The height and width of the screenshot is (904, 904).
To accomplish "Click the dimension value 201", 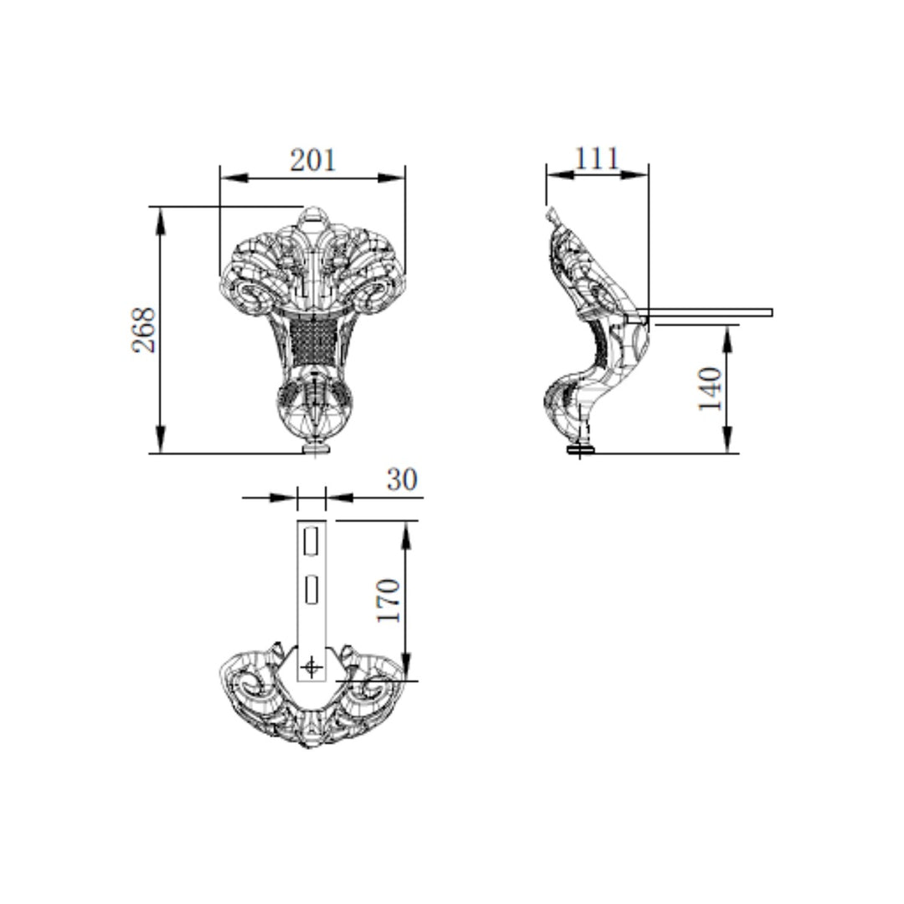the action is pyautogui.click(x=312, y=160).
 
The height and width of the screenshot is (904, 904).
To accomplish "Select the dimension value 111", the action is pyautogui.click(x=597, y=158).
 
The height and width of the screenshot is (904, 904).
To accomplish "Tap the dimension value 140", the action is pyautogui.click(x=711, y=388).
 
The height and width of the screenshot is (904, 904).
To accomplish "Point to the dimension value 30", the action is pyautogui.click(x=402, y=479).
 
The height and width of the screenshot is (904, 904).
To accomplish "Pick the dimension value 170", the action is pyautogui.click(x=388, y=600).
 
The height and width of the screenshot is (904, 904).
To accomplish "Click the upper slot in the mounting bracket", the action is pyautogui.click(x=311, y=542).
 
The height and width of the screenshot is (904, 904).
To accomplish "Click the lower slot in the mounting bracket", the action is pyautogui.click(x=311, y=589).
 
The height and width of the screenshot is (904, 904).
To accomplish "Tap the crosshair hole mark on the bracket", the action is pyautogui.click(x=312, y=668).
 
